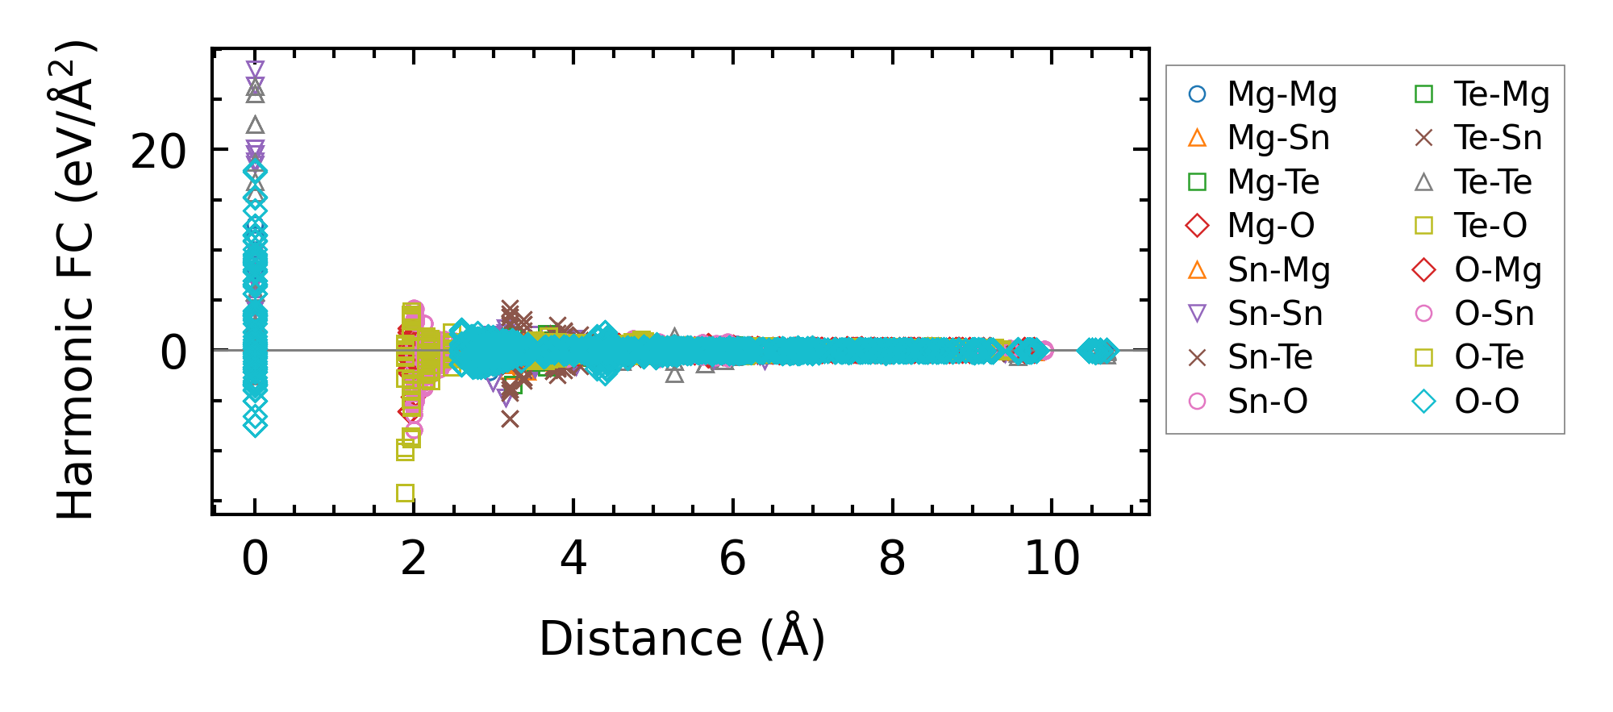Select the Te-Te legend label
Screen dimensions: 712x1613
(x=1493, y=182)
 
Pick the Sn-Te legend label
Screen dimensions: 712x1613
(x=1270, y=357)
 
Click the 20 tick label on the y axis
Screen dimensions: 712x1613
(x=158, y=151)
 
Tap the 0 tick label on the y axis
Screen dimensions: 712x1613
(x=174, y=352)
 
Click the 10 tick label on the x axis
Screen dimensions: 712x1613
(x=1052, y=558)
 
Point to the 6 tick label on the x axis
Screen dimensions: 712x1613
(x=732, y=558)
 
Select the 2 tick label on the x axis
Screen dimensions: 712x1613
(x=414, y=558)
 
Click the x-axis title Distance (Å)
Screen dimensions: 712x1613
(x=682, y=639)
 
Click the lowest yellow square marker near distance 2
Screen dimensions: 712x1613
(x=405, y=493)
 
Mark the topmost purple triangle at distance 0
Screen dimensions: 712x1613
(x=255, y=69)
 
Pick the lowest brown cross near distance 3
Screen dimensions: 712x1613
(x=510, y=418)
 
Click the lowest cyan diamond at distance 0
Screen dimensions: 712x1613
(x=255, y=426)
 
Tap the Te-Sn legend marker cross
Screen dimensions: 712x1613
(x=1424, y=139)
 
